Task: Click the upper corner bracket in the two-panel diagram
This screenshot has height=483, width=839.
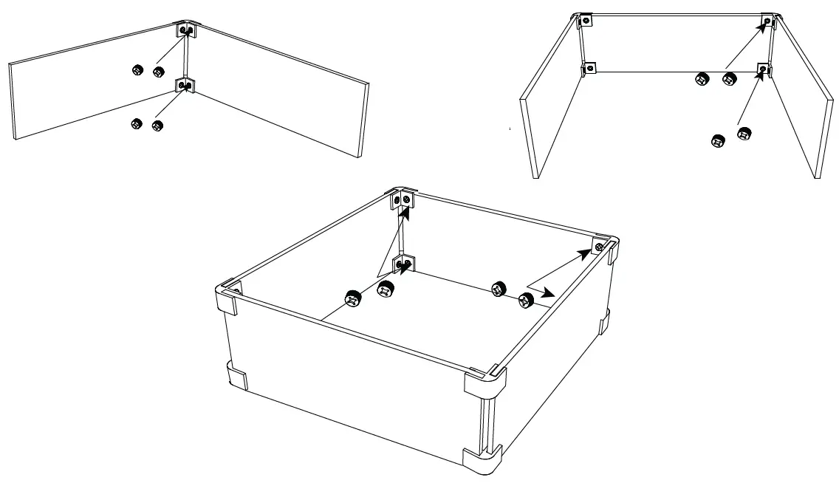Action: click(185, 30)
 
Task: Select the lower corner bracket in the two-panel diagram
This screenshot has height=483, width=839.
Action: click(185, 86)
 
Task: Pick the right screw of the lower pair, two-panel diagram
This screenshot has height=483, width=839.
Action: click(157, 125)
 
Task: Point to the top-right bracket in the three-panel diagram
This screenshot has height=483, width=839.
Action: click(769, 21)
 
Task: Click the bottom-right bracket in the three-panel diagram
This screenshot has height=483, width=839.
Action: click(764, 70)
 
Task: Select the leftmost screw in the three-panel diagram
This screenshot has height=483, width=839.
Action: click(702, 78)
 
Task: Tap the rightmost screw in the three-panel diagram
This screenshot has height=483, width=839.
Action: click(744, 134)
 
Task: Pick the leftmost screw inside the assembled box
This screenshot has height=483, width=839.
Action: click(352, 298)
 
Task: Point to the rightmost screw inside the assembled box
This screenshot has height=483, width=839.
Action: click(526, 300)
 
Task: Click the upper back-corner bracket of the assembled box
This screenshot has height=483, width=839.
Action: click(405, 199)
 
